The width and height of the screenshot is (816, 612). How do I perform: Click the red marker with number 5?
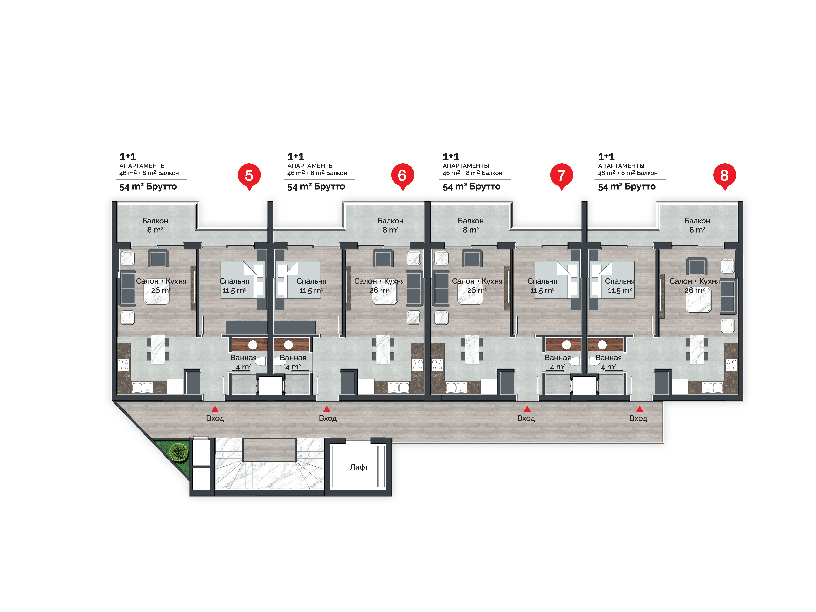click(249, 176)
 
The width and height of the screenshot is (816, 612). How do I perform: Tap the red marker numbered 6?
click(402, 176)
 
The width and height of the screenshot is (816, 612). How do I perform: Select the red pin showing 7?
click(561, 176)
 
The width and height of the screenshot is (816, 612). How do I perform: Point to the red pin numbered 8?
click(725, 176)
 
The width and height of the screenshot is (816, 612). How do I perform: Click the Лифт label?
click(359, 467)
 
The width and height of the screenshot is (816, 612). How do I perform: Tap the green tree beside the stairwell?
click(179, 452)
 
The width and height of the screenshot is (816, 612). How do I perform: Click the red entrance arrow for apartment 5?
click(215, 409)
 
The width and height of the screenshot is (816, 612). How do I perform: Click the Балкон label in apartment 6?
click(390, 221)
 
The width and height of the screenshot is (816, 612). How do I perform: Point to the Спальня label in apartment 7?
click(542, 281)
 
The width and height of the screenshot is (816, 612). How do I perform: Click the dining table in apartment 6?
click(383, 349)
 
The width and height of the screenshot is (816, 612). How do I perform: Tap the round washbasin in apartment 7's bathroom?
click(567, 345)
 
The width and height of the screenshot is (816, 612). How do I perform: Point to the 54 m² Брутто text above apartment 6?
click(316, 187)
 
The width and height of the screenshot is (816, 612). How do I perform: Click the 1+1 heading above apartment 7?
click(451, 157)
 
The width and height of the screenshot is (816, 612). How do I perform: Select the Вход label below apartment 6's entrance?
click(328, 418)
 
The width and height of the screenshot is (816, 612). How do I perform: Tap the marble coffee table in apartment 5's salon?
click(157, 293)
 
